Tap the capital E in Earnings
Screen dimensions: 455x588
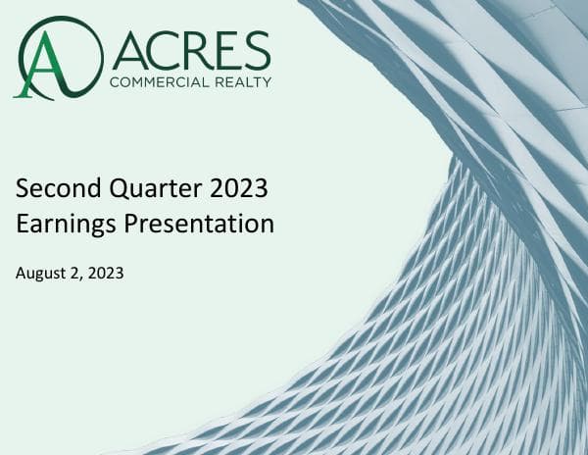click(x=23, y=224)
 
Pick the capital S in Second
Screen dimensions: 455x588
click(x=23, y=186)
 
